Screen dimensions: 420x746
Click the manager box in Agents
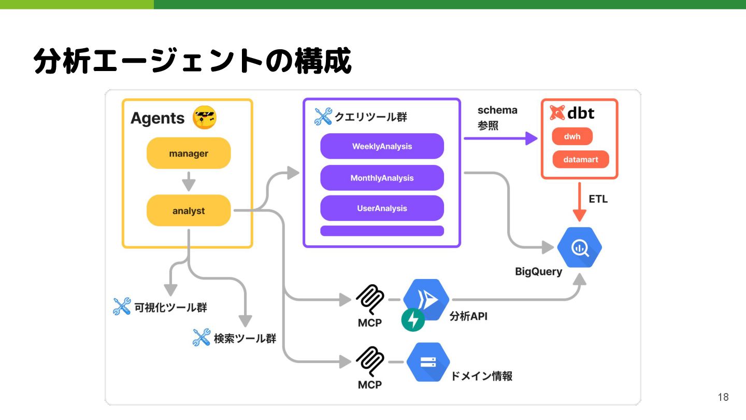[x=189, y=153]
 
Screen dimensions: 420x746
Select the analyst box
[x=189, y=211]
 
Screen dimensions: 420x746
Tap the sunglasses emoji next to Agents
[x=204, y=118]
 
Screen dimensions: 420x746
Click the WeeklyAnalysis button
[x=382, y=146]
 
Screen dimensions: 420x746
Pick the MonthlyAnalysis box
[x=382, y=178]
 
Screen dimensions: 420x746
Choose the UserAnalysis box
[x=382, y=208]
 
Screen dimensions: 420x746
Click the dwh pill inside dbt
[x=572, y=137]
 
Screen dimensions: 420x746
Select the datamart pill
[x=581, y=160]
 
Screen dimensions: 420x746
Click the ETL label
[x=598, y=199]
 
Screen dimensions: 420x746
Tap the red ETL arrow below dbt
[x=580, y=202]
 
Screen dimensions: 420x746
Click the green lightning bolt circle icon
[x=413, y=320]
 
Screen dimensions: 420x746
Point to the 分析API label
[x=468, y=316]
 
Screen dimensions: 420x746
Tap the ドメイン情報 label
[x=481, y=376]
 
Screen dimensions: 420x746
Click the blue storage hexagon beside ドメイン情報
[x=428, y=362]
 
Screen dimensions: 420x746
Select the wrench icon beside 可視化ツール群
[x=122, y=306]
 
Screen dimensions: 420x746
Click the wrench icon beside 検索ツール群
[x=201, y=338]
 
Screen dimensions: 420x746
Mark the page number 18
[x=723, y=397]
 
